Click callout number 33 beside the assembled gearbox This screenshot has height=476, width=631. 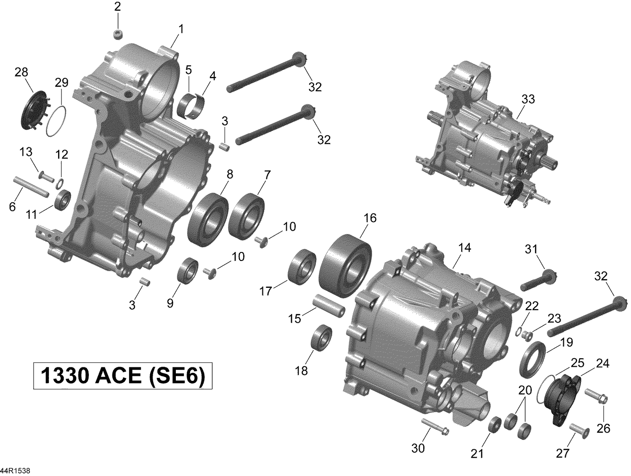[x=528, y=99]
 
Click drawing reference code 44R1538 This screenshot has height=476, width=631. [x=16, y=470]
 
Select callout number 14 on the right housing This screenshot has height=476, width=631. [x=464, y=248]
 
